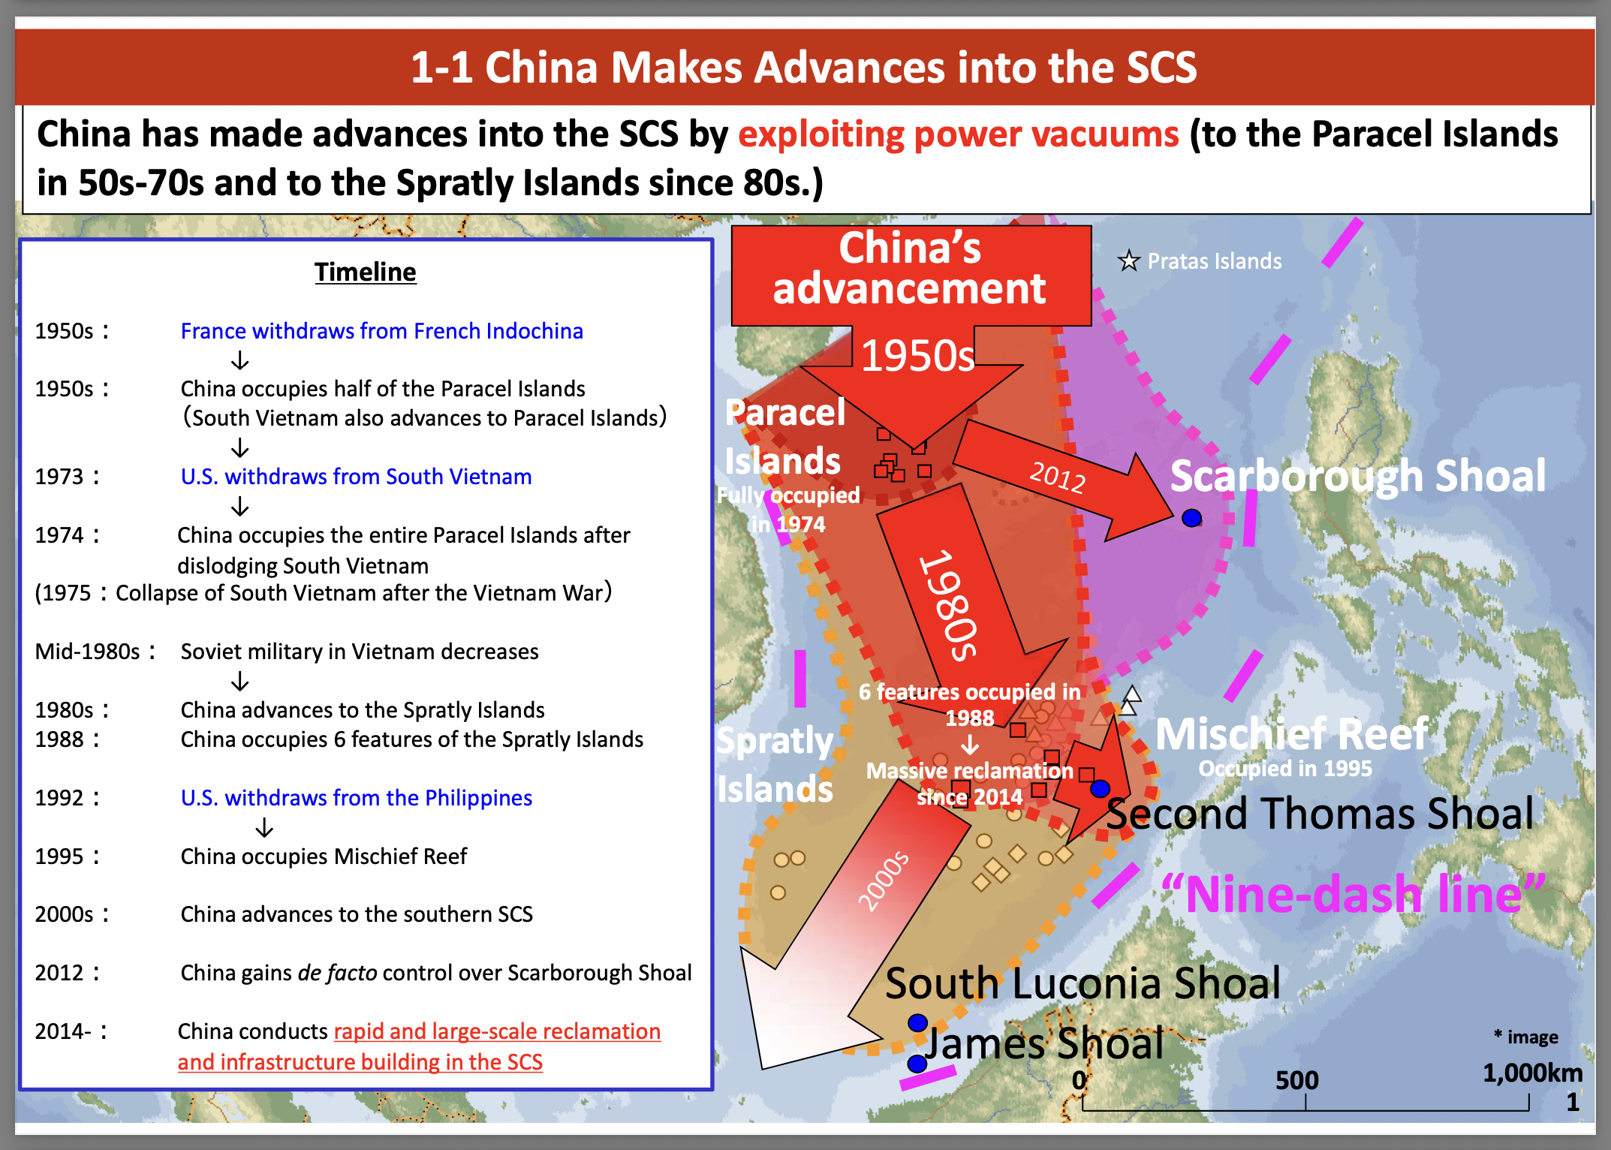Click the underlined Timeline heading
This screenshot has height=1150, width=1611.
[x=365, y=272]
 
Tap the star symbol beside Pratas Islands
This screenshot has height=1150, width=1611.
[x=1128, y=261]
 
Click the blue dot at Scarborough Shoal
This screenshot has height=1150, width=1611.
[x=1191, y=518]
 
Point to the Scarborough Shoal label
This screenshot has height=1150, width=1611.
[x=1358, y=476]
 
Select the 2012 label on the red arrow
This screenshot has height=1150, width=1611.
[x=1057, y=477]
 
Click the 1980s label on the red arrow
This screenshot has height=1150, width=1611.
[x=949, y=605]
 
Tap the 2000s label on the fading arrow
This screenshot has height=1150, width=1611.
[x=884, y=881]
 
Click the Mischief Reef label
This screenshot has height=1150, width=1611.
[x=1291, y=734]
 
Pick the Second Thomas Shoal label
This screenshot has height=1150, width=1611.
[x=1320, y=814]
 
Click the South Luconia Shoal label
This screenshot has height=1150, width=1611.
[x=1083, y=983]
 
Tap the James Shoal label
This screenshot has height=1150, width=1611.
[x=1044, y=1043]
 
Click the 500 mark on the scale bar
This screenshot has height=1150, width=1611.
[x=1296, y=1080]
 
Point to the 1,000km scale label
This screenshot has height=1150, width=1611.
[x=1532, y=1073]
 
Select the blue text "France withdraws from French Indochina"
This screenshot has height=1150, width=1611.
[x=381, y=331]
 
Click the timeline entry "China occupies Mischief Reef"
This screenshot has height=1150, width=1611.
[x=324, y=856]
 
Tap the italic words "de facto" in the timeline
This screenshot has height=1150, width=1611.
[x=337, y=973]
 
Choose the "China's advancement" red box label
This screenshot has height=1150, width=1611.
[x=910, y=269]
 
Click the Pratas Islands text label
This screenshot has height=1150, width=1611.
[x=1215, y=261]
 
